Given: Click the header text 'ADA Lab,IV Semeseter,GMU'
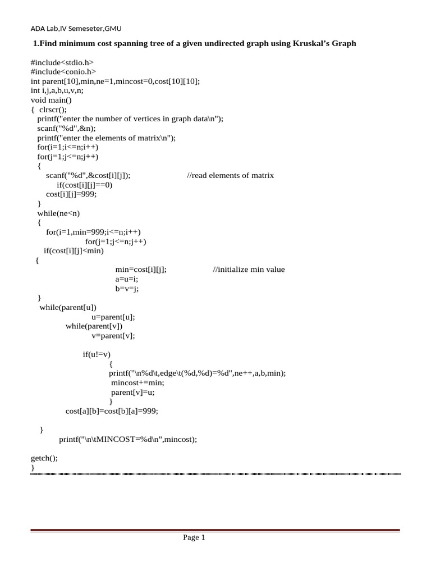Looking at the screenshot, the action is pos(76,29).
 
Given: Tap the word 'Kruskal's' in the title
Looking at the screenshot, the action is pos(312,43).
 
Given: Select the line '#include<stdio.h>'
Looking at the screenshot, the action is pos(62,62).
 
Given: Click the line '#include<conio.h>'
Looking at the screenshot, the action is pos(63,72).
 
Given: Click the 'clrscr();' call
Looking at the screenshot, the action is pos(53,109).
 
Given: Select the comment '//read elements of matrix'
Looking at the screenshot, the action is pos(230,175).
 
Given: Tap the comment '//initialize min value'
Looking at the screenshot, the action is pos(249,270).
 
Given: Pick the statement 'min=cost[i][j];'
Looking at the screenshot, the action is pos(140,270).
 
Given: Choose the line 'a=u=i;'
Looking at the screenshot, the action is pos(126,279).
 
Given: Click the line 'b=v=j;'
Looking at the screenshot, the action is pos(126,289).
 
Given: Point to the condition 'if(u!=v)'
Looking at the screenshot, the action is pos(97,354).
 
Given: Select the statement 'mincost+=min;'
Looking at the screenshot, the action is pos(137,383).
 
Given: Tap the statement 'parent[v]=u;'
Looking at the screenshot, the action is pos(132,393).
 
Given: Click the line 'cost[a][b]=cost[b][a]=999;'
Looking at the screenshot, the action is pos(112,411).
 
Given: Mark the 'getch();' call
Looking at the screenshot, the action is pos(44,458).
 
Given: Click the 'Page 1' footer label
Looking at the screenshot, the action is pos(194,538).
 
